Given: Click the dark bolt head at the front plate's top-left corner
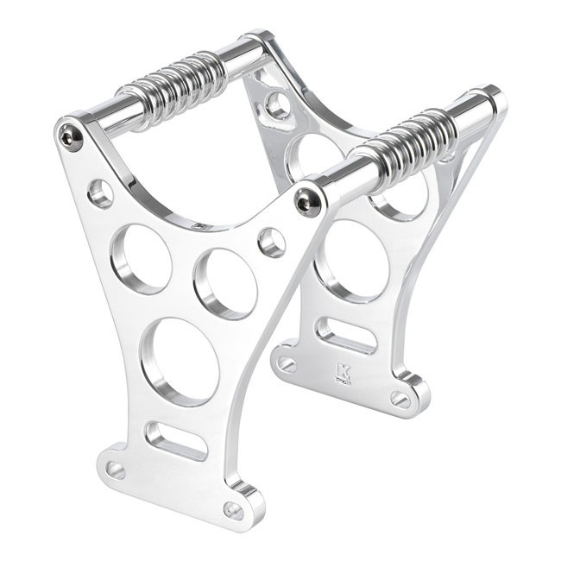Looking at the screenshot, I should pyautogui.click(x=70, y=136).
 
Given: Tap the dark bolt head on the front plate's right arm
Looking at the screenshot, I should pyautogui.click(x=307, y=200).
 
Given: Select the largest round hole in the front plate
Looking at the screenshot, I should pyautogui.click(x=180, y=361).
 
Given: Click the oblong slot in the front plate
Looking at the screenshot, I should pyautogui.click(x=176, y=440).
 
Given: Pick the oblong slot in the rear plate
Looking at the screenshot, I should pyautogui.click(x=346, y=335).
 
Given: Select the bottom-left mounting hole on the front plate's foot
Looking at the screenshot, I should pyautogui.click(x=116, y=470).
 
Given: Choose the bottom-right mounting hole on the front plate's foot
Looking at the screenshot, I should pyautogui.click(x=233, y=509).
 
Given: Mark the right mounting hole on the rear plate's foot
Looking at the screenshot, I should pyautogui.click(x=400, y=398).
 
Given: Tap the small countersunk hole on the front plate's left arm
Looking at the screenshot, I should pyautogui.click(x=100, y=192).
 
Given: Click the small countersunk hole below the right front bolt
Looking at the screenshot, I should pyautogui.click(x=272, y=242).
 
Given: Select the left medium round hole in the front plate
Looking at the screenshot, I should pyautogui.click(x=141, y=258).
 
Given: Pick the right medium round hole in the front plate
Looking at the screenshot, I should pyautogui.click(x=225, y=283).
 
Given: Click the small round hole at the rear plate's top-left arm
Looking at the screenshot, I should pyautogui.click(x=278, y=105).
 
